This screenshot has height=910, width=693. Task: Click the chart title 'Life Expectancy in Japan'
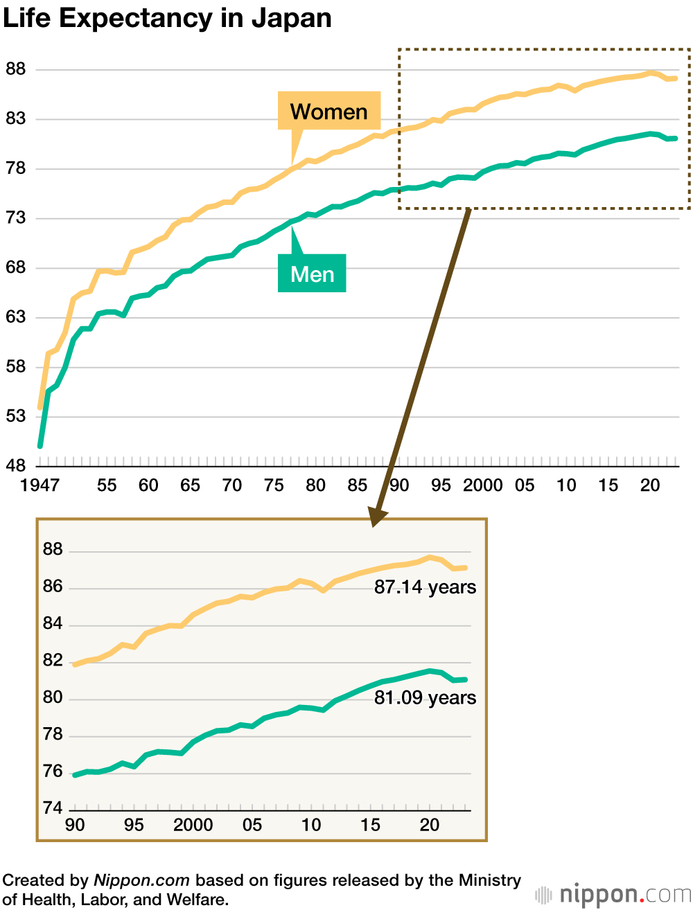point(167,19)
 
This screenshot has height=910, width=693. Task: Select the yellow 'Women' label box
point(329,111)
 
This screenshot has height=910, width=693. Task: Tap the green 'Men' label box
point(312,274)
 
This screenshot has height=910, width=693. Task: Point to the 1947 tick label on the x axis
point(40,485)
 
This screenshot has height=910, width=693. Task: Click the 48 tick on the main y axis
point(15,465)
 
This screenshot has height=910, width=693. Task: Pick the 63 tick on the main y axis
point(15,317)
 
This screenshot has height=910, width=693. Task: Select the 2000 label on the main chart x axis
point(483,485)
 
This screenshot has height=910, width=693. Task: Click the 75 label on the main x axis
point(274,485)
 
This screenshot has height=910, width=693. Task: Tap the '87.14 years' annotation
point(425,587)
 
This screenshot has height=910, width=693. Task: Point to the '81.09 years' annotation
point(425,697)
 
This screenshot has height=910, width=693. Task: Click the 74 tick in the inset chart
point(53,808)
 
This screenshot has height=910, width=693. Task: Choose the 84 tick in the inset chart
point(53,623)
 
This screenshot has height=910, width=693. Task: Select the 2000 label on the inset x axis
point(193,825)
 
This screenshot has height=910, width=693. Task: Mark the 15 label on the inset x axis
point(370,825)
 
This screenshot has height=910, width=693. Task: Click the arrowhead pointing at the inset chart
point(377,516)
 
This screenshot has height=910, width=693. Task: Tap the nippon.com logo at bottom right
point(614,894)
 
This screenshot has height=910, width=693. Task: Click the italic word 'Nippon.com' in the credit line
point(141,880)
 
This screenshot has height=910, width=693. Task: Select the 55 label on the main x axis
point(107,485)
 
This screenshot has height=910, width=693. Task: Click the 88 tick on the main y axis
point(15,69)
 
